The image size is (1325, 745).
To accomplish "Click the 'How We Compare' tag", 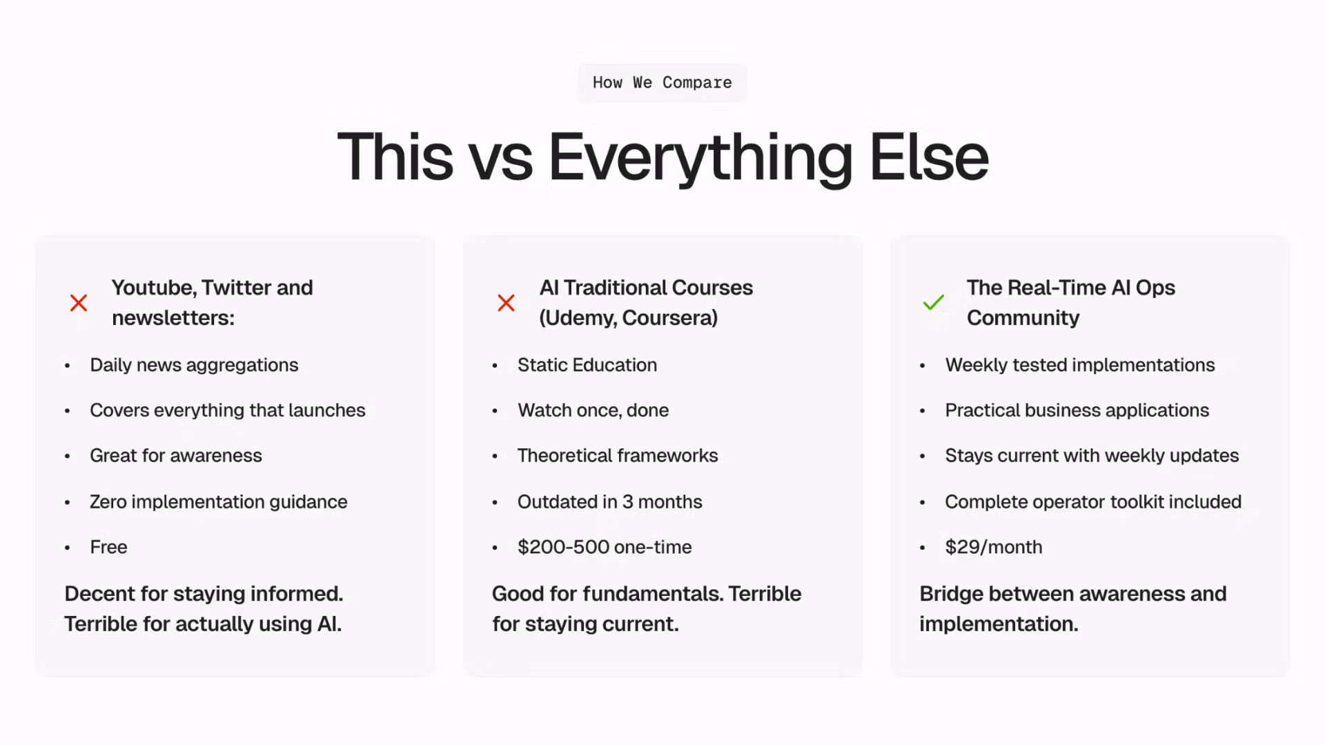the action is point(662,83).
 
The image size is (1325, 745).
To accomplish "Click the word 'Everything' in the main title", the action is point(700,158).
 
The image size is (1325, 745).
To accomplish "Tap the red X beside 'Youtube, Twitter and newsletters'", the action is point(79,303).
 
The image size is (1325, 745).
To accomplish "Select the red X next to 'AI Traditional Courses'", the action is point(506,303).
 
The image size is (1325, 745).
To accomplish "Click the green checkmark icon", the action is point(933,302).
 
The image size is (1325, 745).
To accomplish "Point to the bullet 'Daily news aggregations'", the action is point(194,365).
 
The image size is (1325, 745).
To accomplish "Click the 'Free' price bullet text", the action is point(108,547).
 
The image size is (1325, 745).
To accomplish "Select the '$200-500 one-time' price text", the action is point(605,547).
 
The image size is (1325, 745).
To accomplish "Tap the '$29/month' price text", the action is point(994,547).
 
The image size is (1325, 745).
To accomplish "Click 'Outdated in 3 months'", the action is point(610,501).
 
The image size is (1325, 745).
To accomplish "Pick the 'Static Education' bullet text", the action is point(587,365).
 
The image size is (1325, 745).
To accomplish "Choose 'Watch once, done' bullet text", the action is point(593,410).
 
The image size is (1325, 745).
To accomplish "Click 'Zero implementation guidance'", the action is point(219,501).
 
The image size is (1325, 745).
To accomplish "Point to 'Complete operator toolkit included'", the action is point(1093,501).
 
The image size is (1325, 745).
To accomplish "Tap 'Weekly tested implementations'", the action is point(1080,365).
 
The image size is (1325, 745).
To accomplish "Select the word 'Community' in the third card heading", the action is point(1023,318).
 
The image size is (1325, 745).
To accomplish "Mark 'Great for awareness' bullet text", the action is point(176,456).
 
